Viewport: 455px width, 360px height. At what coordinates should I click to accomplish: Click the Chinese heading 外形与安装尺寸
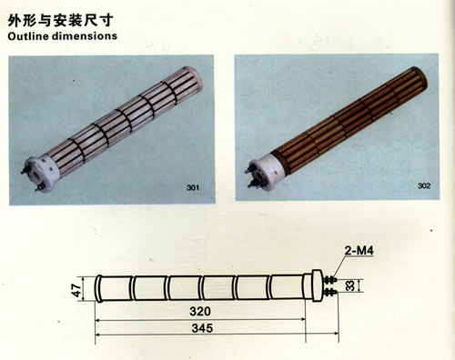(61, 20)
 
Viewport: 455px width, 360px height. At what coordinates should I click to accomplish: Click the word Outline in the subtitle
(28, 36)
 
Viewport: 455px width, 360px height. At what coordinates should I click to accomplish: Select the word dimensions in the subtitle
(85, 36)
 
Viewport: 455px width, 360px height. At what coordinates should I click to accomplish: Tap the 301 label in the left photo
(193, 187)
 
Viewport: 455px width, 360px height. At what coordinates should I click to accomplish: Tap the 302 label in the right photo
(424, 185)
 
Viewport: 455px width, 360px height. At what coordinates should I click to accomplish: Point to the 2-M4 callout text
(359, 251)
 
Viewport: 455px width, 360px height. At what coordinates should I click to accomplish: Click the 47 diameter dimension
(77, 290)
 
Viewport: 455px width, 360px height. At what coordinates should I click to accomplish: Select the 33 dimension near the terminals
(349, 285)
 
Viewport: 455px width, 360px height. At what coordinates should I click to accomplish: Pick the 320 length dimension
(200, 311)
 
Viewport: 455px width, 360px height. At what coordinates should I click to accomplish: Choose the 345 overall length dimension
(202, 328)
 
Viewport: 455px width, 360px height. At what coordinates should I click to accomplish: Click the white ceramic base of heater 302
(267, 171)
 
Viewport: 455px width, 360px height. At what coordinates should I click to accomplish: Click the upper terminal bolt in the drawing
(329, 280)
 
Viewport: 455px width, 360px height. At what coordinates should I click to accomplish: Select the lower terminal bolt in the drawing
(329, 293)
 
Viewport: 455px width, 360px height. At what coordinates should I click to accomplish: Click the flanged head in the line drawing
(317, 285)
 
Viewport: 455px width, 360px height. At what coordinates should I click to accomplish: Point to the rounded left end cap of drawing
(98, 288)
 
